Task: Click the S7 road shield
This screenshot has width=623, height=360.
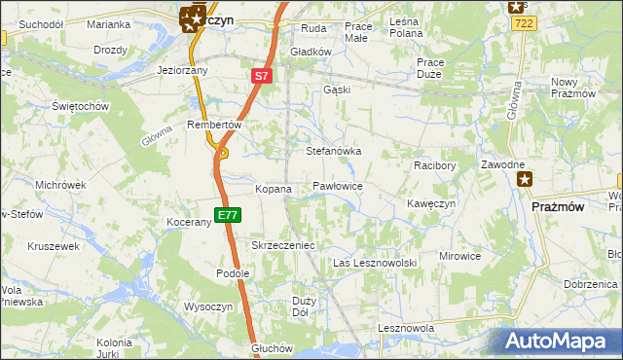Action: [261, 75]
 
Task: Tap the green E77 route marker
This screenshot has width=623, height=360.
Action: [227, 214]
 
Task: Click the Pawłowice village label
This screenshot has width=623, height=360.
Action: [338, 185]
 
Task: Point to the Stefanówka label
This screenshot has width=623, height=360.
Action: [334, 152]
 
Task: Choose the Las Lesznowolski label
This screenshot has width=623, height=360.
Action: [375, 264]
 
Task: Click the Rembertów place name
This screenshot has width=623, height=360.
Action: [213, 125]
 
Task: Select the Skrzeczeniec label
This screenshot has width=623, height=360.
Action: [283, 246]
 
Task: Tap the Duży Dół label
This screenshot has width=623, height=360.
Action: [302, 306]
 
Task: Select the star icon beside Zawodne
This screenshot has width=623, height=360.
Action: [526, 179]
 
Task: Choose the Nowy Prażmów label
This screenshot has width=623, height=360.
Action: [572, 88]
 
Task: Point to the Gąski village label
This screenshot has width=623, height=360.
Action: [336, 90]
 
